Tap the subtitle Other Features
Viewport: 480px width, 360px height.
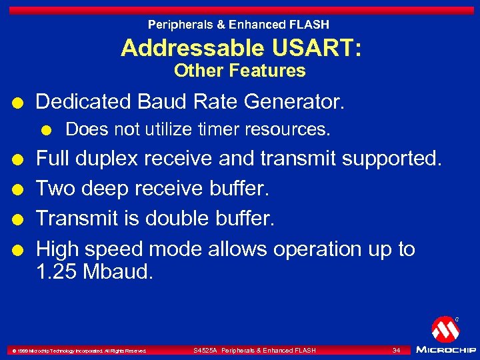click(239, 71)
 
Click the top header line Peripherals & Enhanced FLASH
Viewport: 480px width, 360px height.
click(239, 25)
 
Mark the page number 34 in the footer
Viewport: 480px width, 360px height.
click(396, 350)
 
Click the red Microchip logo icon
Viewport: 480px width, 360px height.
click(445, 329)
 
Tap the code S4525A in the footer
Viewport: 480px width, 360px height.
click(205, 350)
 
